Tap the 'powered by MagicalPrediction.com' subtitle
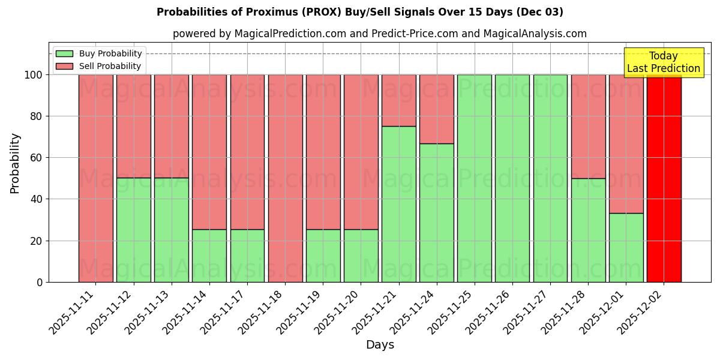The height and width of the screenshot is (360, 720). click(379, 34)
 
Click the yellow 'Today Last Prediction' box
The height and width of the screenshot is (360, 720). click(663, 62)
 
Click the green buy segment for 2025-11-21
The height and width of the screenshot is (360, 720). click(398, 204)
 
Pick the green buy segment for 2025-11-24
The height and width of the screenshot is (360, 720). click(436, 213)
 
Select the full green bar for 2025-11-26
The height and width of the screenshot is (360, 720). click(512, 178)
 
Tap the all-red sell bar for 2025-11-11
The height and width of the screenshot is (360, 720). click(95, 178)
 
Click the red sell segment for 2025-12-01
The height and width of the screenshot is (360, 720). click(626, 144)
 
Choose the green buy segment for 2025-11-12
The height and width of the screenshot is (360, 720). click(133, 230)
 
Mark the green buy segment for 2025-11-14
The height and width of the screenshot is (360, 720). click(209, 256)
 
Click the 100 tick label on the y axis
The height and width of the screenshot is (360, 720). click(34, 75)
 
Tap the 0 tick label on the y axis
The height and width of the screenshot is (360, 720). click(40, 282)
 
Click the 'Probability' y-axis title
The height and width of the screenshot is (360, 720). click(15, 163)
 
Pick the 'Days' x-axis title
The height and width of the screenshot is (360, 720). click(379, 345)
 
